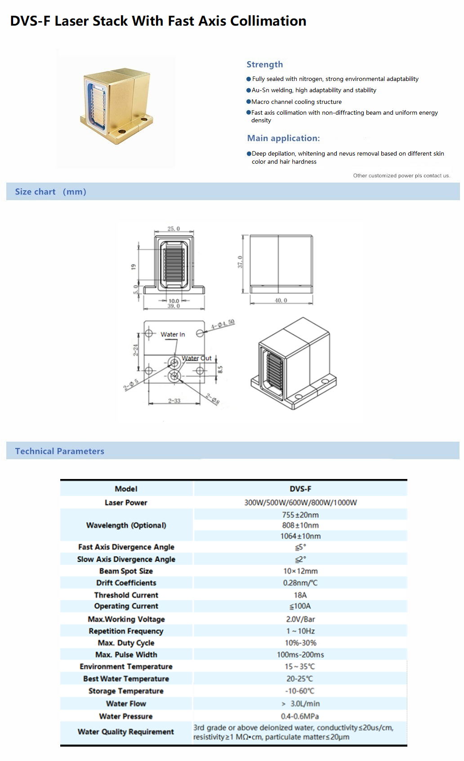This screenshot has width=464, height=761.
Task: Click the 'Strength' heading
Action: (x=264, y=64)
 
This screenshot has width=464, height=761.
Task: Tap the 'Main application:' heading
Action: (x=283, y=138)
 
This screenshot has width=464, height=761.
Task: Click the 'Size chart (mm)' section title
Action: (x=50, y=192)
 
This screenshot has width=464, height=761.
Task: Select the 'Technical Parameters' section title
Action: (x=59, y=451)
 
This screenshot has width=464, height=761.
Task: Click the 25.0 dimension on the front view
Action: (x=174, y=229)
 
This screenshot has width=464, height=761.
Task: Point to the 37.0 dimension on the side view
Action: (x=240, y=262)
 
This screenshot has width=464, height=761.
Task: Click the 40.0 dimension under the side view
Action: (x=281, y=300)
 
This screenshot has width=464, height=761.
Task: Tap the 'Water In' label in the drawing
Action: (x=173, y=334)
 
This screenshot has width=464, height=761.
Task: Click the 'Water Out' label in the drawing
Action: (x=196, y=358)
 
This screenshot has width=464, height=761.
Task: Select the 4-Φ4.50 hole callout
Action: (x=223, y=324)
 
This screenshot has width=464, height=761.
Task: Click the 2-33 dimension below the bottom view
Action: (x=174, y=401)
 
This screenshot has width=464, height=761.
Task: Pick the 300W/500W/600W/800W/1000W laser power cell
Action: (x=300, y=502)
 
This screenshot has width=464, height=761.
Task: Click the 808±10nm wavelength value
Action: (x=300, y=525)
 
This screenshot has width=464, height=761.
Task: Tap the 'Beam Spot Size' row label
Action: (x=126, y=571)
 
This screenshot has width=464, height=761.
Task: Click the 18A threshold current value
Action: (x=300, y=595)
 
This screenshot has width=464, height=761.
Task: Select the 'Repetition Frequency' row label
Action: (x=126, y=631)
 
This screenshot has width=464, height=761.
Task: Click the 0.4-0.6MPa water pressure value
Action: (x=300, y=716)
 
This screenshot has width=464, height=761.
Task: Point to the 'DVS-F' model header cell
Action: (x=300, y=489)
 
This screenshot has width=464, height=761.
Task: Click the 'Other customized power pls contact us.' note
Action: (x=402, y=175)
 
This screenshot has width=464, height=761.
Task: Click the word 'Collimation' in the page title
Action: (x=268, y=21)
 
